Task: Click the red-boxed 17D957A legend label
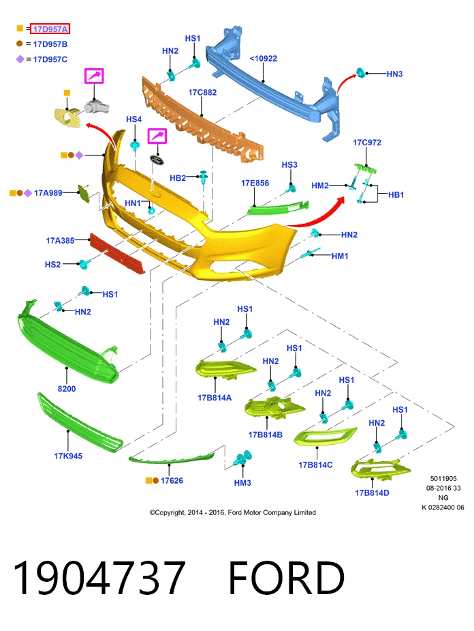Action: [50, 29]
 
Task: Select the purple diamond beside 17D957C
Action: [20, 59]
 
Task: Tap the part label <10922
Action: [263, 59]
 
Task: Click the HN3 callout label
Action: [394, 74]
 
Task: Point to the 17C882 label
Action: [202, 92]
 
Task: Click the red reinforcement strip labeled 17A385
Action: [117, 254]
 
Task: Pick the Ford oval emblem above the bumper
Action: [158, 159]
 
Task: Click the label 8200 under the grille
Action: [67, 389]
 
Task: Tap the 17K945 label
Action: [68, 456]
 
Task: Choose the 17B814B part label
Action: [265, 435]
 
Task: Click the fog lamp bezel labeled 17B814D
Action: [380, 469]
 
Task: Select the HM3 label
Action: [242, 482]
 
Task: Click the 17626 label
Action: [172, 480]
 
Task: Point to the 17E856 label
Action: [255, 183]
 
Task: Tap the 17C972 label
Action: [367, 143]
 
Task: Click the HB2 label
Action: [178, 178]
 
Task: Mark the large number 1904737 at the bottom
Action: [99, 578]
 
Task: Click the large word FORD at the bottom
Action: [287, 578]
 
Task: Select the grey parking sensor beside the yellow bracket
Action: [97, 106]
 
